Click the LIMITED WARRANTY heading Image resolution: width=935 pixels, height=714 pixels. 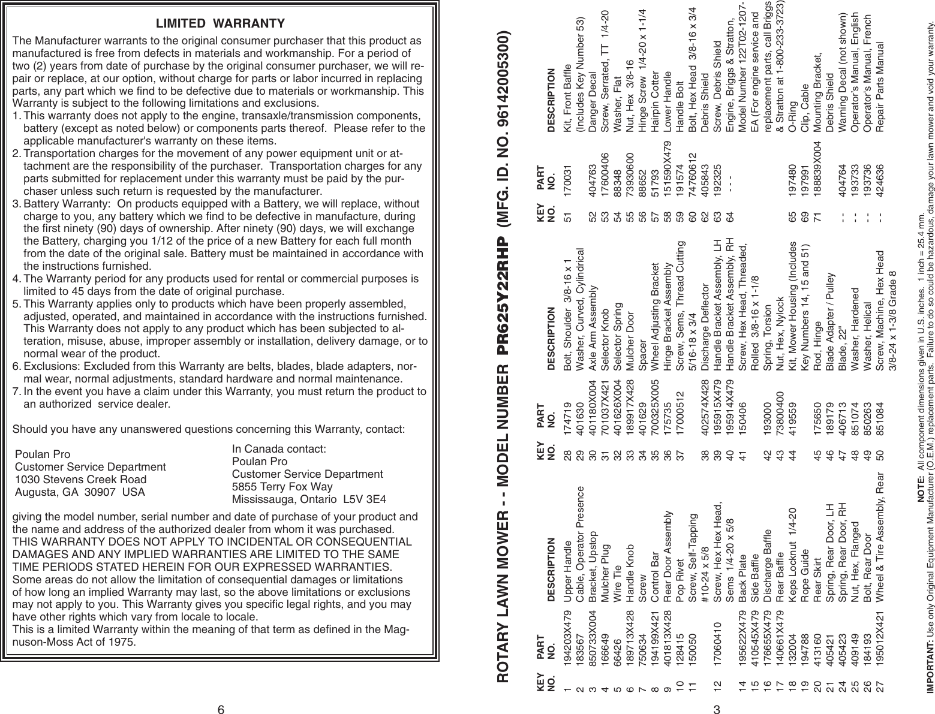point(220,24)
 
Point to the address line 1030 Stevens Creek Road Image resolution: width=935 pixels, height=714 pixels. point(80,480)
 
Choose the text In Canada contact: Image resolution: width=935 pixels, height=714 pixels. point(278,432)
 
